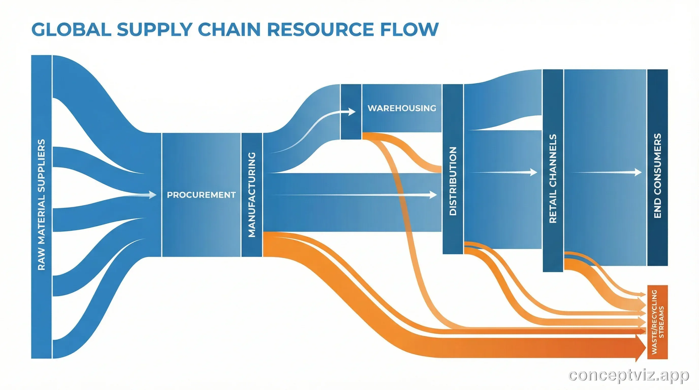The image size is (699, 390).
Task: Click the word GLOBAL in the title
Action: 71,29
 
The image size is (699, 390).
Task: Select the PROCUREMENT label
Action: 201,195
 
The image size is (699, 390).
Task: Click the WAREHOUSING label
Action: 402,108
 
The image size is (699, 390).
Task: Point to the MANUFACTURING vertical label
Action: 252,194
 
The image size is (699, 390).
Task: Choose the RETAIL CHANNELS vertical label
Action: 553,178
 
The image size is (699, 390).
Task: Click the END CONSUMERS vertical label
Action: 658,176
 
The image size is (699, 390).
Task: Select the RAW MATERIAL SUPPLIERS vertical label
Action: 41,205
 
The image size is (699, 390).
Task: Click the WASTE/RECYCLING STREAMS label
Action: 658,322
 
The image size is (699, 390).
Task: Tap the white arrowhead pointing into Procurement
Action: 152,195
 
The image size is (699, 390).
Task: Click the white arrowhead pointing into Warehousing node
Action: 352,111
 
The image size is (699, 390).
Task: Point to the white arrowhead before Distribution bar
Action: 433,194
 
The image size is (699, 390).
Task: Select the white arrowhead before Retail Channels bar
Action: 533,172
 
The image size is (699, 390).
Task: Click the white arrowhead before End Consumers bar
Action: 638,172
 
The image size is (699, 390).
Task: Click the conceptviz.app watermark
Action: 628,376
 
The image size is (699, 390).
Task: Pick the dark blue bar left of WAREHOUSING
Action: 351,111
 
